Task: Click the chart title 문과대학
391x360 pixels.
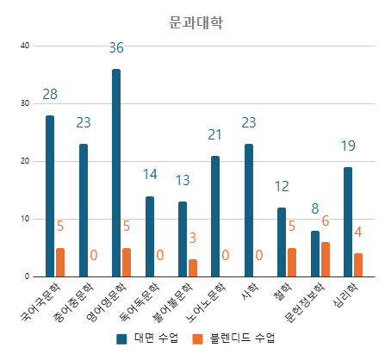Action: coord(195,23)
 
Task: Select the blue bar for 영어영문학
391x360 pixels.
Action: coord(116,172)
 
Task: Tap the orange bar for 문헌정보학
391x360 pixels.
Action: coord(325,259)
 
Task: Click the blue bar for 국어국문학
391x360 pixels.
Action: coord(50,196)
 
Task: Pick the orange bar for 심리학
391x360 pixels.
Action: coord(358,264)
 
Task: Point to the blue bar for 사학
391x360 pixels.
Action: coord(249,210)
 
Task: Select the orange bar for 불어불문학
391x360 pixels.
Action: coord(193,268)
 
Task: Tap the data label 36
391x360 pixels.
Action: coord(116,48)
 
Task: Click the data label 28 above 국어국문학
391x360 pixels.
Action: coord(50,94)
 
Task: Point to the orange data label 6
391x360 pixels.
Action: coord(326,221)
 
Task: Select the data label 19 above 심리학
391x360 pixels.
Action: coord(348,146)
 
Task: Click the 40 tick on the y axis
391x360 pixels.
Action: coord(25,46)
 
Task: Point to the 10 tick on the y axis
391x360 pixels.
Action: coord(25,219)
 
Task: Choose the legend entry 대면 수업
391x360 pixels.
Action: coord(147,339)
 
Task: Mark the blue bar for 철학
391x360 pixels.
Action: coord(282,242)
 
